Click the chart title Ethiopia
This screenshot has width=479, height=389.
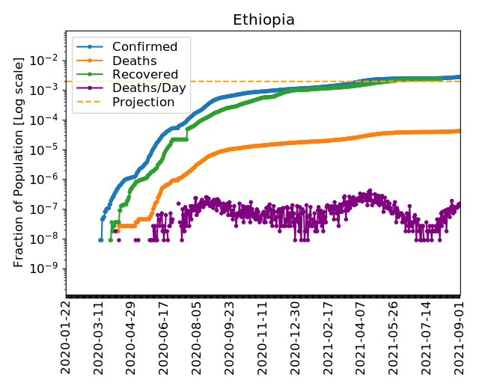coord(263,19)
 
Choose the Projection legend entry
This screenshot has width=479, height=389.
coord(143,102)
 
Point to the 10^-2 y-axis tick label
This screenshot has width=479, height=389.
coord(47,60)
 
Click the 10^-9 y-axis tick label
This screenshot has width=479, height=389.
coord(47,269)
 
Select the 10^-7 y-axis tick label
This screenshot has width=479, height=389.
coord(47,209)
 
